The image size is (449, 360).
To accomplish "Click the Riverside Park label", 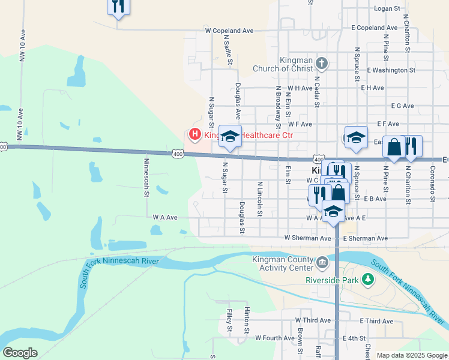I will pos(331,280).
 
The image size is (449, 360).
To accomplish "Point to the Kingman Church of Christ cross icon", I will pos(322,63).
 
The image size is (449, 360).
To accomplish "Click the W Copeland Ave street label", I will pos(229,30).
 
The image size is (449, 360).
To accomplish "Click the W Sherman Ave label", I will pos(308,238).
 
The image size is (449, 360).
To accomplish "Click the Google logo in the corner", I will pos(20,353).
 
